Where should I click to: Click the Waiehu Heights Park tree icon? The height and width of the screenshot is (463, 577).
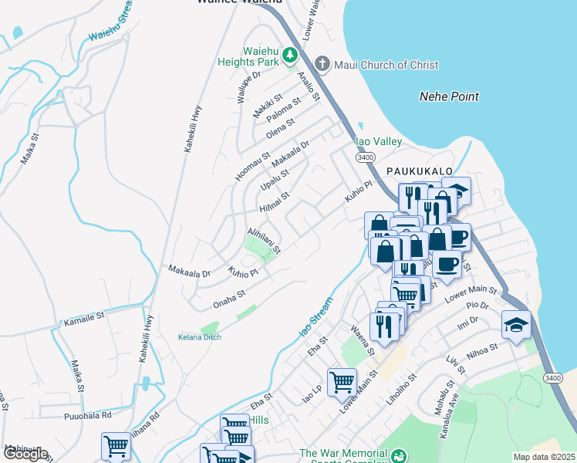click(289, 55)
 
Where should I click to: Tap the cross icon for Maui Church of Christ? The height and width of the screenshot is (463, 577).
click(322, 64)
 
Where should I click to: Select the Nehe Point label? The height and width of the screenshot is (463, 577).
click(448, 96)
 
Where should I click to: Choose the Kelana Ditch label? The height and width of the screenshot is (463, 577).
click(200, 338)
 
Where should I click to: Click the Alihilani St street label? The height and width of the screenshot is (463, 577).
click(264, 241)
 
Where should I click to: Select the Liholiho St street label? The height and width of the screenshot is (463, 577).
click(404, 390)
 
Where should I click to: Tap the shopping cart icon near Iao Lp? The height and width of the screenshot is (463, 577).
click(342, 380)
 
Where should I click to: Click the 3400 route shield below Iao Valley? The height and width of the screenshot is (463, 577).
click(366, 157)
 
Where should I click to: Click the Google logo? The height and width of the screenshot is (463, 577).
click(25, 454)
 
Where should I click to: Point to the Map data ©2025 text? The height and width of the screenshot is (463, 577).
click(544, 457)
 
